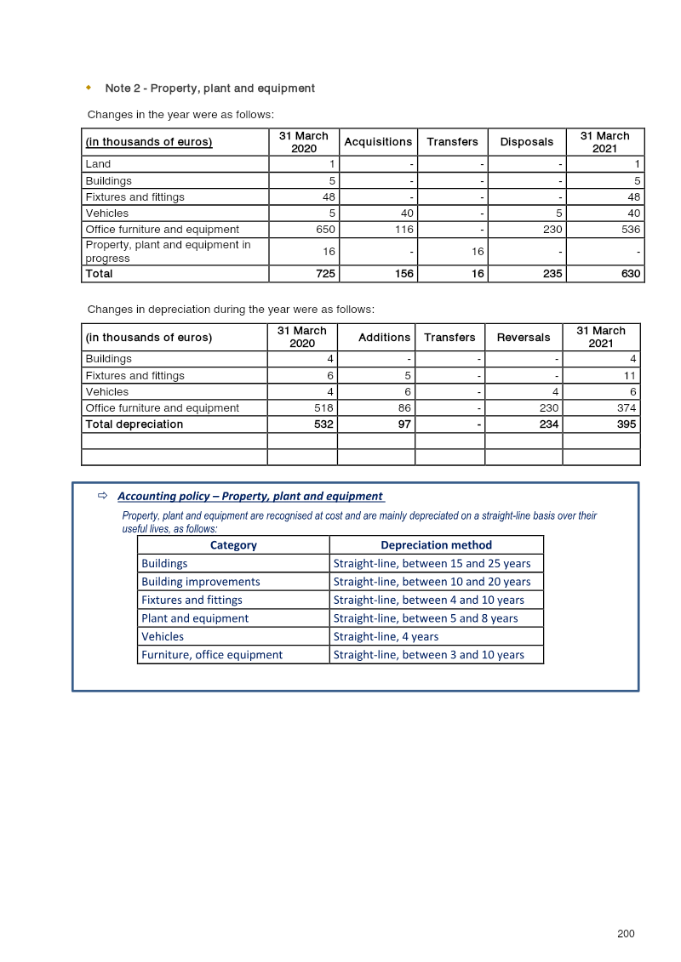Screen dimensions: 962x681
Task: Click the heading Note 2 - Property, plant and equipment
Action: tap(209, 88)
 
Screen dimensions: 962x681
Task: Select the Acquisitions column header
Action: tap(377, 142)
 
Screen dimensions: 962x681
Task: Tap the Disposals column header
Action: tap(526, 142)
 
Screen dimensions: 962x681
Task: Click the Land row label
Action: tap(98, 164)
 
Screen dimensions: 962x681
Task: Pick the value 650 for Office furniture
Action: tap(325, 230)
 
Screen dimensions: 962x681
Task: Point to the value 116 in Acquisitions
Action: tap(403, 230)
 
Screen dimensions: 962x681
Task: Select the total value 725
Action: tap(325, 274)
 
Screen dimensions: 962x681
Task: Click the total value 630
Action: tap(630, 274)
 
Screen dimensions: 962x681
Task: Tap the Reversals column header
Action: tap(523, 338)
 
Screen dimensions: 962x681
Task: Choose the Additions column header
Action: tap(384, 338)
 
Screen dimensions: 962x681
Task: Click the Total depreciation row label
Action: tap(134, 424)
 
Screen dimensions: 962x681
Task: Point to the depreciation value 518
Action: tap(323, 408)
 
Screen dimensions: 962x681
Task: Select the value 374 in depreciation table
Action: tap(627, 408)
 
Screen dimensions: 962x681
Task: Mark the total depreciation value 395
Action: tap(627, 424)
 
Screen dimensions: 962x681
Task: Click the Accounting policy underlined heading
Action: tap(250, 496)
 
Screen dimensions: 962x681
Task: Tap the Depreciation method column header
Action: tap(436, 545)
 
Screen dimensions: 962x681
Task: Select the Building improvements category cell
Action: tap(201, 582)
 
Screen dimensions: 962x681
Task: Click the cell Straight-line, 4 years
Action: tap(386, 637)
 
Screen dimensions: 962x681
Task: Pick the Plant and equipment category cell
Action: tap(195, 618)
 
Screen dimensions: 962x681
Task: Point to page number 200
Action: tap(626, 934)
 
